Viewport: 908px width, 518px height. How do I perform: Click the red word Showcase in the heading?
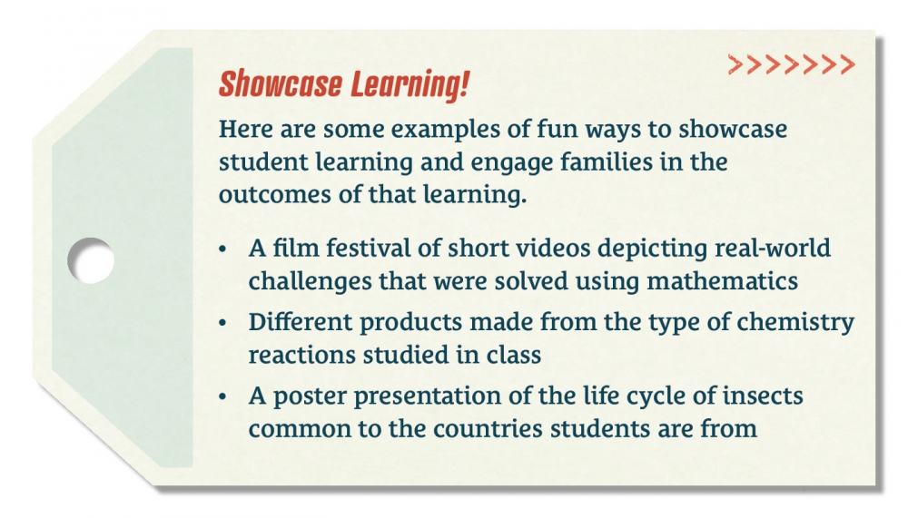tap(280, 84)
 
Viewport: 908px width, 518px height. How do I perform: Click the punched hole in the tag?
tap(90, 260)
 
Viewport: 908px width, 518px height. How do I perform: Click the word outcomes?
tap(275, 195)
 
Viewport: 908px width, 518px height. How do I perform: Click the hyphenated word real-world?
tap(773, 249)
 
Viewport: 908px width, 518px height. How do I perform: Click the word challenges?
tap(311, 282)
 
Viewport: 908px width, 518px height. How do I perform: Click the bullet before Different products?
tap(223, 323)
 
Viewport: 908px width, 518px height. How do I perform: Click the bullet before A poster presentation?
tap(223, 397)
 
